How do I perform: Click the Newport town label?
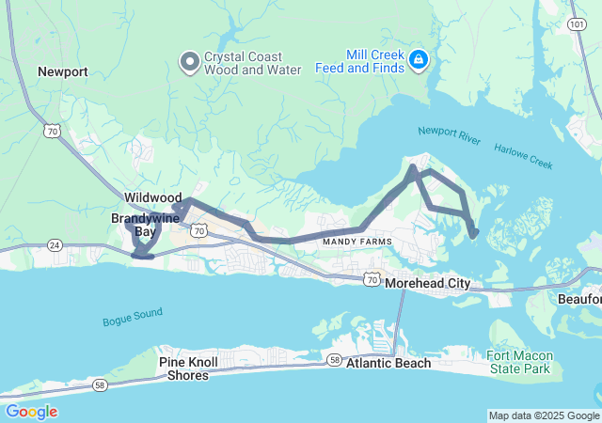(63, 71)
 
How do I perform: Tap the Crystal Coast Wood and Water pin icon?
(188, 62)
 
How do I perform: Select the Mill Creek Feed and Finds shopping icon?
(419, 62)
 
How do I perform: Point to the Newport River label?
(449, 136)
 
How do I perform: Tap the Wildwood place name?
(152, 198)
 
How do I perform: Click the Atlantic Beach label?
(388, 363)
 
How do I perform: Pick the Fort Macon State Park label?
(519, 362)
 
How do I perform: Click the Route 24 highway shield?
(55, 245)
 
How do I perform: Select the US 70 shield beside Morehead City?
(372, 279)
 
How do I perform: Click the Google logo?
(31, 412)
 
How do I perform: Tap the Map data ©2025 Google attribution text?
(544, 415)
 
